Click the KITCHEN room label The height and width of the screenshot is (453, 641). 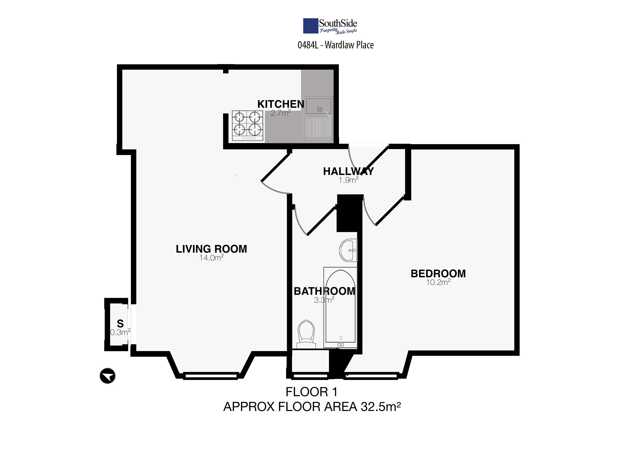[281, 104]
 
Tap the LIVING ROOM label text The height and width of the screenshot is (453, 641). [211, 249]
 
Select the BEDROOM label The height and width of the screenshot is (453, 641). [438, 274]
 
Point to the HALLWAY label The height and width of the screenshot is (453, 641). [348, 171]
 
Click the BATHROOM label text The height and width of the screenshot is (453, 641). [324, 291]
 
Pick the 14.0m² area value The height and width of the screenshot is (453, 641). [211, 258]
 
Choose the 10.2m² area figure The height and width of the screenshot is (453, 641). [438, 282]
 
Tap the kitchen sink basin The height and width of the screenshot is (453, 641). [319, 105]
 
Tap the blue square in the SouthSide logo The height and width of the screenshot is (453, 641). [311, 26]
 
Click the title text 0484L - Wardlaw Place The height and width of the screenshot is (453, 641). [336, 45]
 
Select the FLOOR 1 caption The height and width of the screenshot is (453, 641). [312, 392]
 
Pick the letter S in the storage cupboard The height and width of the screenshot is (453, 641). [120, 323]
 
